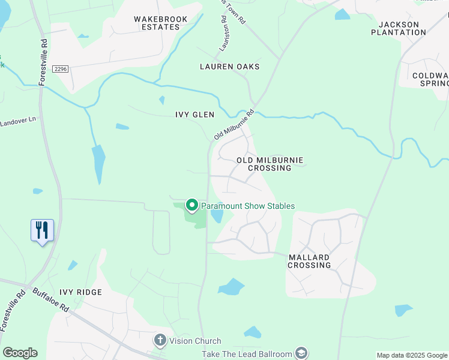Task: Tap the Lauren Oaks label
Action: (230, 67)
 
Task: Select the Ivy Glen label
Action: (194, 115)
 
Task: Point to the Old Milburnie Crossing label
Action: (270, 164)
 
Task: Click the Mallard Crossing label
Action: (309, 260)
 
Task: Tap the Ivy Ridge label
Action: (80, 292)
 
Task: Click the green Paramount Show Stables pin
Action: (192, 205)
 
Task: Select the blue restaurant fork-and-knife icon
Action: (42, 229)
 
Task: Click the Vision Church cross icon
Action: (160, 340)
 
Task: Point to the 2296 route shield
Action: (61, 70)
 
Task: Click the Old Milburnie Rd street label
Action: (235, 125)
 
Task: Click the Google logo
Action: (20, 353)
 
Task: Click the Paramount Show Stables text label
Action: (247, 206)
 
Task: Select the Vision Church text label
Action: (195, 341)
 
